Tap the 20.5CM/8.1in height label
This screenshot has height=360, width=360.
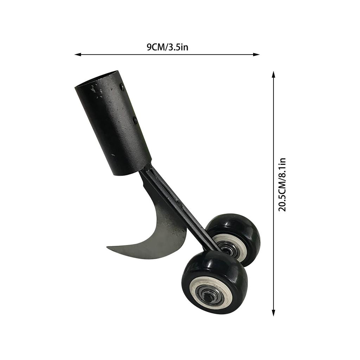[282, 185]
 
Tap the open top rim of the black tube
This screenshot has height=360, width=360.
[97, 79]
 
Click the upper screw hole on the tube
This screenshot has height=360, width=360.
[122, 85]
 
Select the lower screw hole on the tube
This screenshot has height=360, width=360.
[135, 120]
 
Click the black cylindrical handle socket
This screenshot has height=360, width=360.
[112, 123]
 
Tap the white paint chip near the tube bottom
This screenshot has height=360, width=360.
[113, 155]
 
